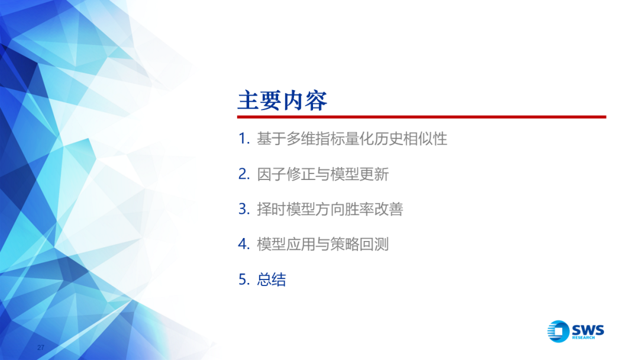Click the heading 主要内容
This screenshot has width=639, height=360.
tap(282, 100)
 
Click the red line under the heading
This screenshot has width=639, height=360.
tap(422, 117)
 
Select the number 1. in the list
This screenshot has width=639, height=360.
tap(244, 139)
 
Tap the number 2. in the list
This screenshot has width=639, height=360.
tap(244, 174)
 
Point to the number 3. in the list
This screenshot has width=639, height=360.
tap(244, 209)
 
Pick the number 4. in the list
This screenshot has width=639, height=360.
tap(244, 244)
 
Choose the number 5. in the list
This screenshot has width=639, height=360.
tap(244, 279)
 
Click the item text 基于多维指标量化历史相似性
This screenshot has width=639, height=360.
tap(352, 139)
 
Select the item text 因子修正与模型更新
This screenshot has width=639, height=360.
tap(323, 174)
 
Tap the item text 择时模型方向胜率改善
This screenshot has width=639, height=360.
tap(330, 209)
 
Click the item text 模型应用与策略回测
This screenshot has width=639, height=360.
tap(323, 244)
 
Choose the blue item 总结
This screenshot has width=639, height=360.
tap(272, 279)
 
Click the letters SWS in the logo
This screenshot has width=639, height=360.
tap(588, 329)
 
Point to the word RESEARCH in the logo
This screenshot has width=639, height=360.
tap(583, 338)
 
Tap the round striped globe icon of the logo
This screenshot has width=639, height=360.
tap(559, 331)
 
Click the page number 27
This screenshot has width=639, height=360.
tap(41, 348)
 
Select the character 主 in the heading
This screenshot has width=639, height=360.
tap(248, 100)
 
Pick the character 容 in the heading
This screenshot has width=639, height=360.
tap(316, 100)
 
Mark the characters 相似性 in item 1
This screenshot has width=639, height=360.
tap(425, 139)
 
